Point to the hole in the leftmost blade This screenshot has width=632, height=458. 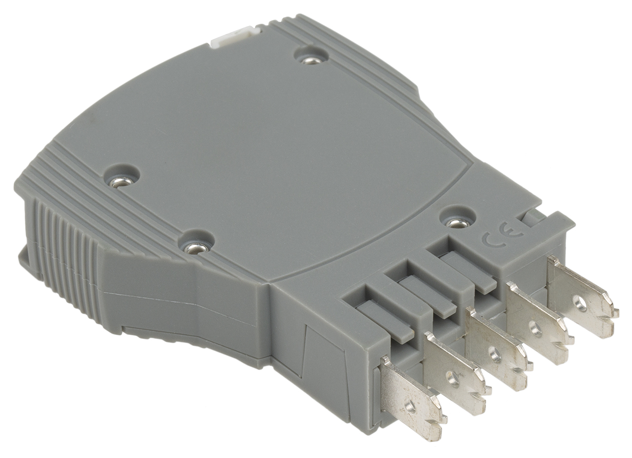pyautogui.click(x=411, y=404)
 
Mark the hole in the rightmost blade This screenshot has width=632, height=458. pyautogui.click(x=580, y=302)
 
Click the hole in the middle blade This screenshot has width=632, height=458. pyautogui.click(x=495, y=354)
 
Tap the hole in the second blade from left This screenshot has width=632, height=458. pyautogui.click(x=451, y=377)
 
